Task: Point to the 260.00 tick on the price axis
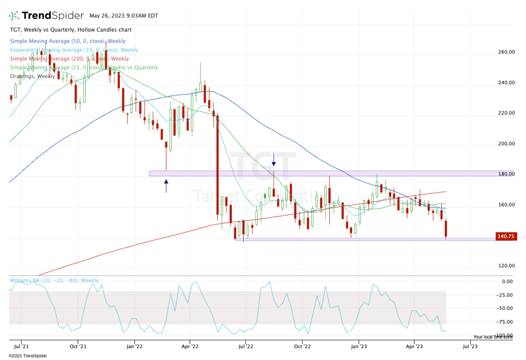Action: (x=506, y=52)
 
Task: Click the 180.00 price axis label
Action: (x=506, y=174)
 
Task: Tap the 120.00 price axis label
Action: (x=506, y=266)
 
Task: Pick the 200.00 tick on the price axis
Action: (x=506, y=144)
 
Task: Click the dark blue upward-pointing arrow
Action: (x=166, y=185)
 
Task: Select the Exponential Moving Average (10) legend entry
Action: (x=74, y=50)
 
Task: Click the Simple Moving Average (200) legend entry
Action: (x=69, y=59)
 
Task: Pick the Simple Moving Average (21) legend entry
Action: (x=84, y=68)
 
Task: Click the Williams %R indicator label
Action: (x=54, y=281)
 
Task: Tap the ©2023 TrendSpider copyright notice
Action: (x=28, y=356)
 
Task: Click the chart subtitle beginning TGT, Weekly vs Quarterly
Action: (x=71, y=30)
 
